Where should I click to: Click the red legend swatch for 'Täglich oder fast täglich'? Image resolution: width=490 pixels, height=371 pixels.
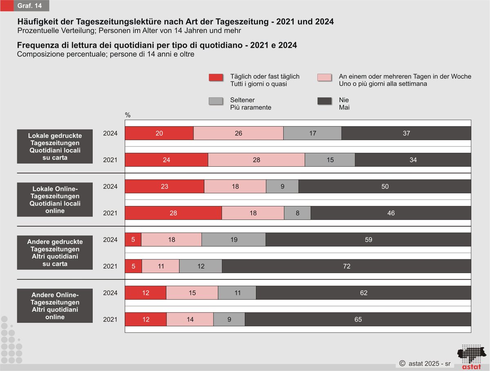click(216, 77)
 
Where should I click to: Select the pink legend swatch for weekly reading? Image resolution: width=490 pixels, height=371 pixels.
click(325, 77)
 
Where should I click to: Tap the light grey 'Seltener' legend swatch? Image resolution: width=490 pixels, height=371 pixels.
click(216, 101)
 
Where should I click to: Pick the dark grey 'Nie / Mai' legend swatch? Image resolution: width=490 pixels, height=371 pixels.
click(325, 101)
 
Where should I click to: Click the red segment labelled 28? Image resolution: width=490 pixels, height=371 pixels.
click(173, 213)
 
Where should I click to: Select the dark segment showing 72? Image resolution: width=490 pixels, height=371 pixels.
click(347, 266)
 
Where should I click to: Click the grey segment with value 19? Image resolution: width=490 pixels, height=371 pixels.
click(234, 240)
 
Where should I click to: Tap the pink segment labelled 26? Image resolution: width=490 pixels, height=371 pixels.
click(238, 133)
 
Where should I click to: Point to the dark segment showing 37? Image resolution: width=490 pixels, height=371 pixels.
click(406, 133)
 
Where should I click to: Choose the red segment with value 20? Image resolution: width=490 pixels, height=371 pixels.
click(159, 133)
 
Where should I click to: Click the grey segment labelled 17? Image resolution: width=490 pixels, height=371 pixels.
click(312, 133)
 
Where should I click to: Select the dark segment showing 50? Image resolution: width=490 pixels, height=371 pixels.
click(385, 186)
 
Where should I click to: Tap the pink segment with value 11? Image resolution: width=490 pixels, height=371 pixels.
click(160, 266)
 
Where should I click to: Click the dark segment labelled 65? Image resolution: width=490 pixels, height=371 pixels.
click(358, 319)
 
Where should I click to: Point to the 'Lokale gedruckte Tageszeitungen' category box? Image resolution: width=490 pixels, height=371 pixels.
click(55, 147)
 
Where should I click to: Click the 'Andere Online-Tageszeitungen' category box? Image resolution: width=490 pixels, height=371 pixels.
click(55, 306)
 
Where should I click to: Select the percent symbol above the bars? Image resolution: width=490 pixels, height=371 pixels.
click(128, 115)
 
